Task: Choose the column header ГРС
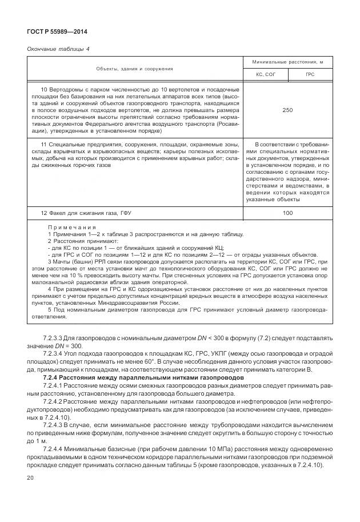pyautogui.click(x=310, y=75)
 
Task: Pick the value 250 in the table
pyautogui.click(x=287, y=110)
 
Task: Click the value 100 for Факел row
pyautogui.click(x=287, y=213)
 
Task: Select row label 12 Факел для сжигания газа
pyautogui.click(x=86, y=213)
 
